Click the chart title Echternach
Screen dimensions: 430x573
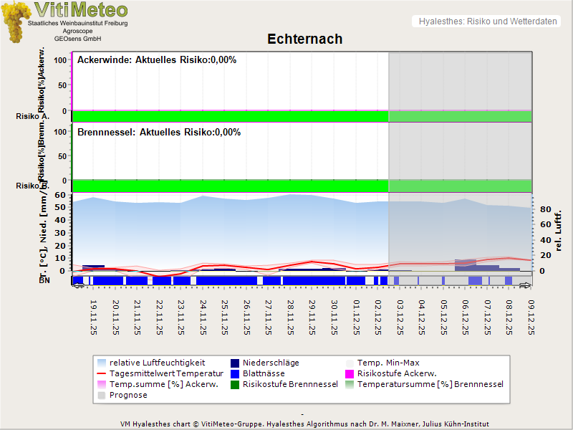(x=305, y=39)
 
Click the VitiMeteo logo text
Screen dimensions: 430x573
(x=81, y=10)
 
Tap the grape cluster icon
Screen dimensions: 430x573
(x=16, y=22)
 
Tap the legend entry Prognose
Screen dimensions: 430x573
(x=128, y=395)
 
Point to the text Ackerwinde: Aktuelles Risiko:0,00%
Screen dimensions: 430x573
(x=157, y=60)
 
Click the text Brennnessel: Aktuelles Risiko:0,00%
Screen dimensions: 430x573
(x=159, y=132)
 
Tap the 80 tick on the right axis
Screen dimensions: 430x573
(x=544, y=210)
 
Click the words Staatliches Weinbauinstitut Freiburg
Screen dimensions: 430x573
(x=77, y=24)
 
